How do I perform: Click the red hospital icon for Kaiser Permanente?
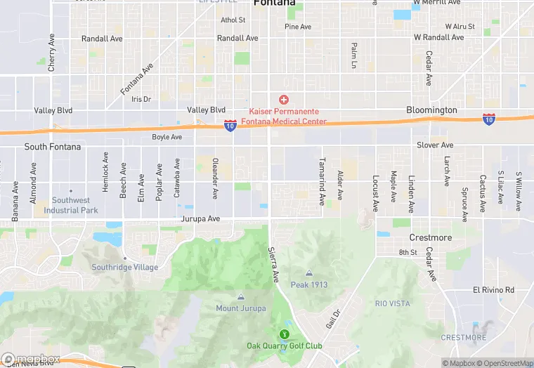(x=284, y=100)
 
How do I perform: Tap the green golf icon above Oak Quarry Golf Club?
(x=284, y=334)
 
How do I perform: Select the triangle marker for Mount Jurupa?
(x=241, y=297)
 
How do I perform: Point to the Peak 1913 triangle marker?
(x=308, y=273)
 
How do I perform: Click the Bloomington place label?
(x=431, y=110)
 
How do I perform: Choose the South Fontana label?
(x=53, y=147)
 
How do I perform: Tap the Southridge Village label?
(x=124, y=267)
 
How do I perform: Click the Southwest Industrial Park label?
(x=70, y=205)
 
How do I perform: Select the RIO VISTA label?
(x=392, y=303)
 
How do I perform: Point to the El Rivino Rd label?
(x=493, y=290)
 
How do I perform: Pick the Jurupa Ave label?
(x=200, y=219)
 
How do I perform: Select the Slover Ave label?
(x=436, y=145)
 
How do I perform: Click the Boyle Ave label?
(x=167, y=137)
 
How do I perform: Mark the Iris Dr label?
(x=141, y=99)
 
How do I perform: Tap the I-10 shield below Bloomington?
(x=488, y=119)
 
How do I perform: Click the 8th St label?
(x=408, y=252)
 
